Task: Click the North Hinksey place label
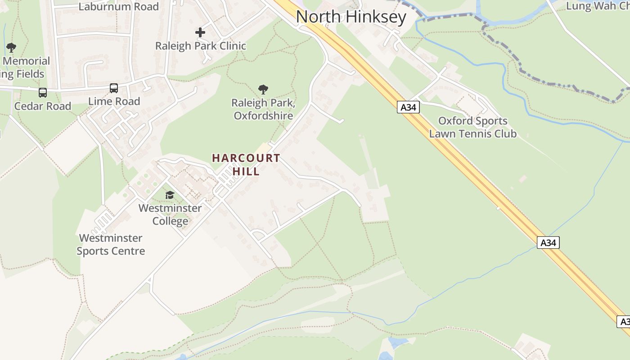(351, 17)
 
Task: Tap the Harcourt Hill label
(246, 165)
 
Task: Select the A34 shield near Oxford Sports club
(408, 107)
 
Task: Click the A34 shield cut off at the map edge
(624, 322)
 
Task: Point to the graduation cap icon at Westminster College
(170, 195)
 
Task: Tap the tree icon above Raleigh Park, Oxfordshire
(263, 90)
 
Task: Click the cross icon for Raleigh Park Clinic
(200, 32)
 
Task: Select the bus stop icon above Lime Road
(114, 88)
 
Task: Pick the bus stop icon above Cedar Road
(43, 93)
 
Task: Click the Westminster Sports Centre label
(111, 244)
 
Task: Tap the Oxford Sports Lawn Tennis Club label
(472, 127)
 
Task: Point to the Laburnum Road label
(118, 7)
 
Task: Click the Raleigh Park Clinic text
(201, 46)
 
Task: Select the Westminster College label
(170, 215)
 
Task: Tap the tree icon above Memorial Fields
(11, 47)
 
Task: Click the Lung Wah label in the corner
(597, 6)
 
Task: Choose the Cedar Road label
(43, 106)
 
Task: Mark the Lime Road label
(114, 101)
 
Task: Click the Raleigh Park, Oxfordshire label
(263, 109)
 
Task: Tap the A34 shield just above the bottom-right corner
(548, 243)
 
